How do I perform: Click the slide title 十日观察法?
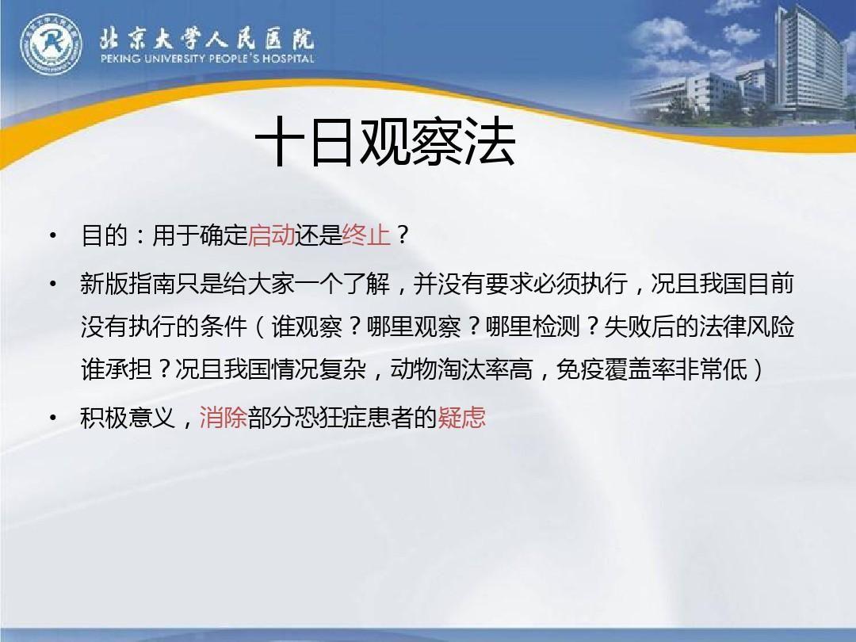386,143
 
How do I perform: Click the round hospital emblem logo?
51,44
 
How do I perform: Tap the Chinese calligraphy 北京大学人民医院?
207,36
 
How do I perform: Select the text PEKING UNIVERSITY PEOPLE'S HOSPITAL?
207,59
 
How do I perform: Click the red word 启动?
272,235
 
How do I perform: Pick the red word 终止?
367,235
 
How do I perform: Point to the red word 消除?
224,418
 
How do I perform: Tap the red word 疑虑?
462,418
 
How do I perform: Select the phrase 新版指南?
128,285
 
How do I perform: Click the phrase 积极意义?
128,418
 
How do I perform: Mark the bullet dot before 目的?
52,236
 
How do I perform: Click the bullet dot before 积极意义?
52,418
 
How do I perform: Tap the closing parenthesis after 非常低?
759,370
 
